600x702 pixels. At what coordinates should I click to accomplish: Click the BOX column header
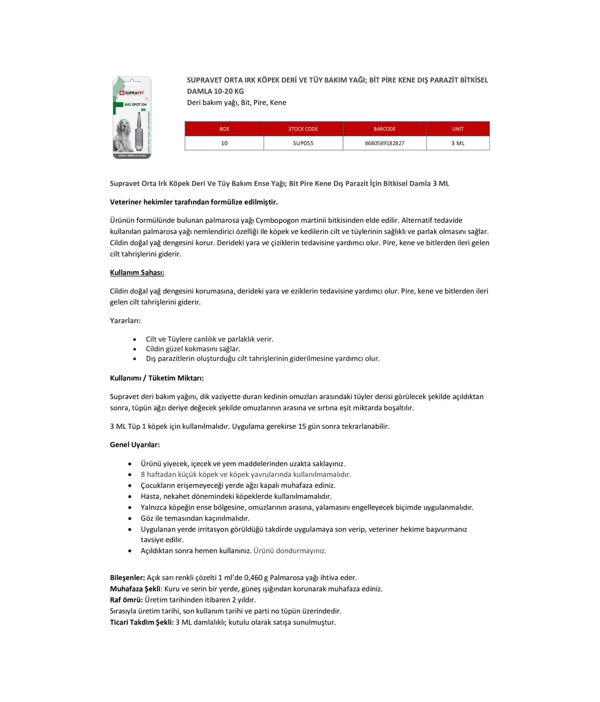[x=224, y=129]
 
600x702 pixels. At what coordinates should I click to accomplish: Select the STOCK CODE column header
[x=303, y=129]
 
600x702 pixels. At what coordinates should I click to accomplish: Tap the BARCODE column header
[x=385, y=129]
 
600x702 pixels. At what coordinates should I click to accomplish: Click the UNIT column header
[x=458, y=129]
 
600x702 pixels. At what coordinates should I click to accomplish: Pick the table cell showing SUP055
[x=303, y=143]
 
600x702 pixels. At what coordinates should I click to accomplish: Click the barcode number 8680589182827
[x=385, y=143]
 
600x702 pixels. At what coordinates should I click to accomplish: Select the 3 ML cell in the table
[x=458, y=143]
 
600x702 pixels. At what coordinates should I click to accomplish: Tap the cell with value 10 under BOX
[x=224, y=143]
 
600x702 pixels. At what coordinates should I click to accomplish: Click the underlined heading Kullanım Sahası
[x=137, y=273]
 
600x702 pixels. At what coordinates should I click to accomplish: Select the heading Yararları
[x=125, y=321]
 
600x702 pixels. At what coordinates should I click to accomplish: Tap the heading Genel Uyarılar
[x=135, y=445]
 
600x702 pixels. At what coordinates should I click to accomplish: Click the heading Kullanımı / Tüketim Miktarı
[x=157, y=378]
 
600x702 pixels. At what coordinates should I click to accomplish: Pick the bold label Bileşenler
[x=127, y=578]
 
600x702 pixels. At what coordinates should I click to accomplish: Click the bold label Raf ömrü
[x=126, y=600]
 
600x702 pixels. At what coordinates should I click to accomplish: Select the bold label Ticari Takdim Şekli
[x=142, y=622]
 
